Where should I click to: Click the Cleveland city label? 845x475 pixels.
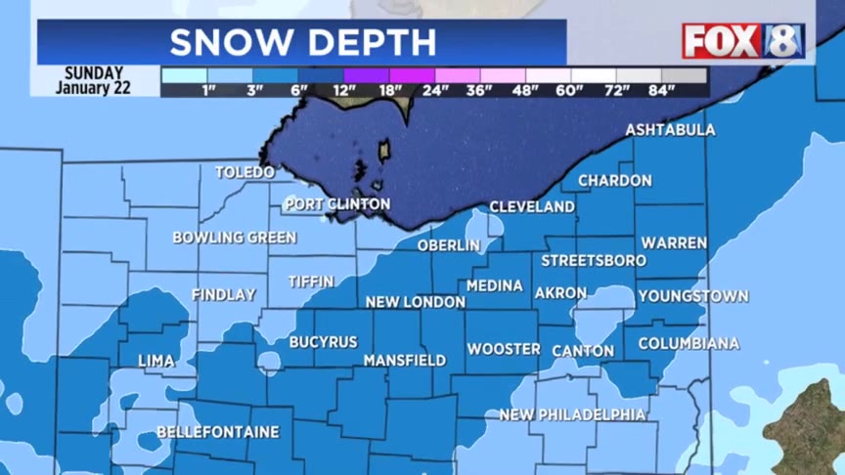532,207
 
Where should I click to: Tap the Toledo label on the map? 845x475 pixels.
245,172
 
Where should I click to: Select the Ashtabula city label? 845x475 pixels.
670,130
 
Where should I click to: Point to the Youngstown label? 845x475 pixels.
693,296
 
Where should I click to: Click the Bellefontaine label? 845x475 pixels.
218,432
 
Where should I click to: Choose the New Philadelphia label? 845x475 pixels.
572,415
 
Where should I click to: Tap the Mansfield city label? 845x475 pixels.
405,361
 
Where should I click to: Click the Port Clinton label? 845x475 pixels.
337,204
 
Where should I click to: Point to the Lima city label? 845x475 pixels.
156,361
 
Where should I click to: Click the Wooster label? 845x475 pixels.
504,349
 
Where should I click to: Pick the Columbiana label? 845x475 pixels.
689,344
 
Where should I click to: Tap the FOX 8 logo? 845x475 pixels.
743,41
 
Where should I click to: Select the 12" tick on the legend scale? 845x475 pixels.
344,91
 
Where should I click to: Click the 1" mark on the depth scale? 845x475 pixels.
207,91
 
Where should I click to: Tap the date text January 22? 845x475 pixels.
94,88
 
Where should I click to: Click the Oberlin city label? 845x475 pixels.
449,245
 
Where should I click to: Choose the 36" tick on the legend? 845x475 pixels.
480,91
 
